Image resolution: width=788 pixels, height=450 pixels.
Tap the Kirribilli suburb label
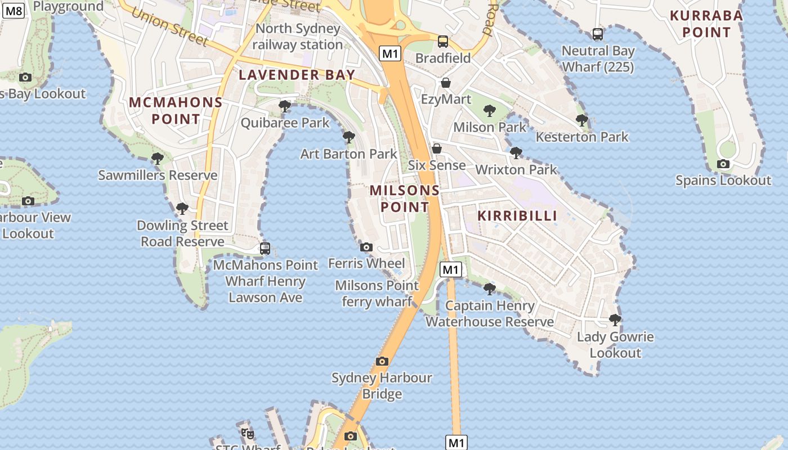[517, 215]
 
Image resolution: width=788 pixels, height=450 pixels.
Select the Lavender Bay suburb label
[297, 75]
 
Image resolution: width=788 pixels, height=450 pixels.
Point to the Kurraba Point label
[706, 24]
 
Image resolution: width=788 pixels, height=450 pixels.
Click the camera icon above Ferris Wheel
[366, 247]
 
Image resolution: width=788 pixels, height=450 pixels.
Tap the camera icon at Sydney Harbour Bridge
[382, 361]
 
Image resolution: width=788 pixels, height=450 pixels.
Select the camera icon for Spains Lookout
[723, 164]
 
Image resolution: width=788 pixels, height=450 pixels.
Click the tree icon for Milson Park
[490, 111]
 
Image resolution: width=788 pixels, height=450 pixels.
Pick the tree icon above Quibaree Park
[285, 106]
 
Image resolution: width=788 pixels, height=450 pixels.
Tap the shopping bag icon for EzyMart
[446, 83]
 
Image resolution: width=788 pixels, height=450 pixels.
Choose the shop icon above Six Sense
[437, 148]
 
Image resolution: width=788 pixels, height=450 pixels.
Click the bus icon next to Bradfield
[443, 42]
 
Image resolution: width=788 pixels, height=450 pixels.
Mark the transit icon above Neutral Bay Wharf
[598, 34]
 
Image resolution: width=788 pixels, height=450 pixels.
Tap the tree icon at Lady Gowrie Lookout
[615, 320]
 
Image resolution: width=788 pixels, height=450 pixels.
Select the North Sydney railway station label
[298, 37]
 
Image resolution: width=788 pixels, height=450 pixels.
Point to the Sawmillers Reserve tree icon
[158, 159]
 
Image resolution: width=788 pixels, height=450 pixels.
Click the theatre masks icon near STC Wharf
[248, 434]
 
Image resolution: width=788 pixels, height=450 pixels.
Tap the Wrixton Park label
[516, 169]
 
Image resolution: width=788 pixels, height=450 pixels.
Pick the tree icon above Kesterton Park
[582, 120]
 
